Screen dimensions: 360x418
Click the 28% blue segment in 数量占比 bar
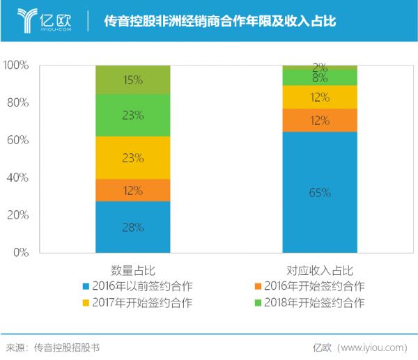(x=132, y=227)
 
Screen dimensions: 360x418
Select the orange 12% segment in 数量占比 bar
(x=132, y=190)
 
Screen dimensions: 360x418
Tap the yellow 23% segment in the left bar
(x=132, y=157)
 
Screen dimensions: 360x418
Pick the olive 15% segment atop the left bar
(x=132, y=80)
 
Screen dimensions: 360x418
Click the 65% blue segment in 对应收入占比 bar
(x=320, y=192)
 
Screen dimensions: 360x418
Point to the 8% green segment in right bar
(x=320, y=77)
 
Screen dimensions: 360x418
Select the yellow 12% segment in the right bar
(x=320, y=97)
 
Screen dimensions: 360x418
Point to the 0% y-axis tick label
(x=20, y=252)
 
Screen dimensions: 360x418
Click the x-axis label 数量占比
(x=132, y=269)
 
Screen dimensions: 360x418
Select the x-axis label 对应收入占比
(x=320, y=269)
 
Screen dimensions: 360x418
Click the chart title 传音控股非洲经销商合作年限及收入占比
(x=220, y=22)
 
